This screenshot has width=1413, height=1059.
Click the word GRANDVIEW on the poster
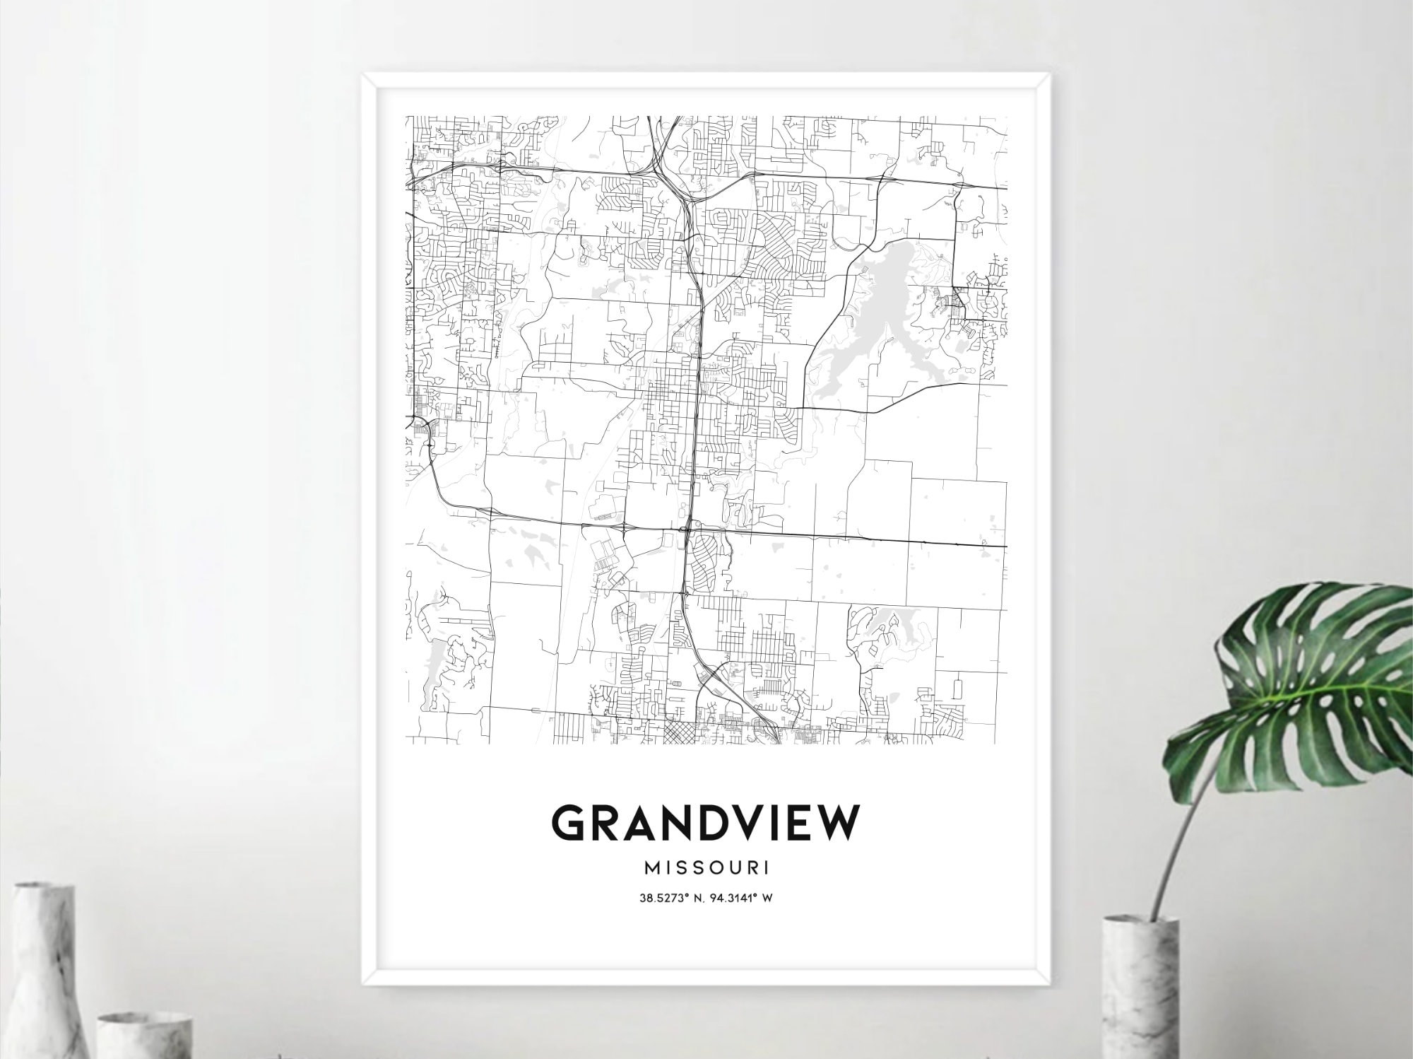click(705, 823)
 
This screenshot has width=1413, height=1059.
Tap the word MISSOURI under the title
click(705, 867)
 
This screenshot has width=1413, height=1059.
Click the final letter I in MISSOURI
click(767, 867)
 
